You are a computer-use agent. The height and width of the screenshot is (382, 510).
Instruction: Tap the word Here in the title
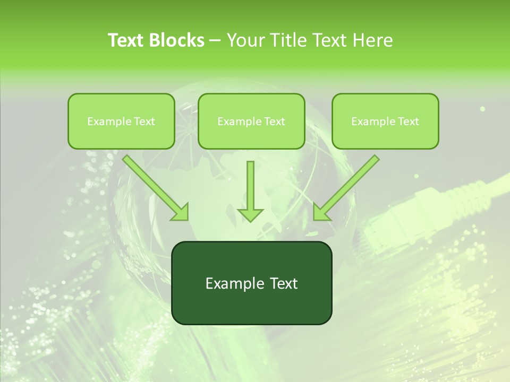point(372,40)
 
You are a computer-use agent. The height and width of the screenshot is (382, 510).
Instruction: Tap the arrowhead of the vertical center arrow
point(250,214)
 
